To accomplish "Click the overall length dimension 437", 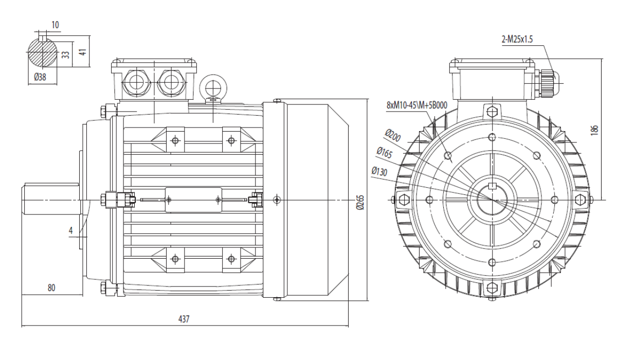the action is click(x=184, y=319).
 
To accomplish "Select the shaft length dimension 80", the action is click(x=51, y=288).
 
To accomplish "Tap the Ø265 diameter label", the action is click(x=360, y=203).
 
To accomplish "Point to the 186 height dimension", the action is click(x=594, y=130).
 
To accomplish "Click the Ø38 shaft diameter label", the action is click(x=40, y=77).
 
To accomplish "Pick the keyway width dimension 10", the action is click(x=55, y=25).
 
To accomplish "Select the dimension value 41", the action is click(x=83, y=52).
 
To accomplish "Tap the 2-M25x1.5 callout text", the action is click(x=517, y=40).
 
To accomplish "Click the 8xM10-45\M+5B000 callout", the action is click(x=417, y=105).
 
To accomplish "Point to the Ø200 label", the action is click(x=393, y=136).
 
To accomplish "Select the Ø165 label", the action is click(x=384, y=153).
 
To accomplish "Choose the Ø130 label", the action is click(x=379, y=171).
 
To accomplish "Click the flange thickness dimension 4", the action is click(x=71, y=230).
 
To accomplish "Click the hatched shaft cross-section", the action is click(x=42, y=53).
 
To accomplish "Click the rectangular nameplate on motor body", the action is click(x=193, y=200).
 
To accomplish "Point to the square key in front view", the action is click(x=492, y=187).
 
